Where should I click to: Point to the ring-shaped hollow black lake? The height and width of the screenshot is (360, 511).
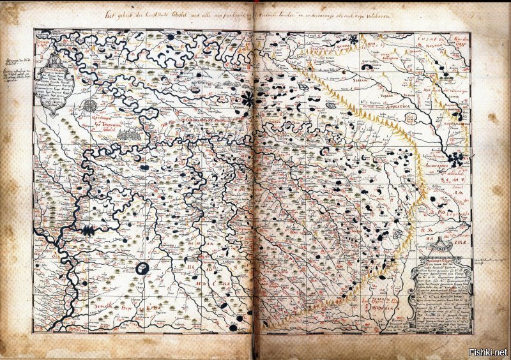[144, 268]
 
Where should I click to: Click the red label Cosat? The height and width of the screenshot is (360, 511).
[426, 40]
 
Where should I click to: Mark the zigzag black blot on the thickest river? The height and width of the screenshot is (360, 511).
[88, 230]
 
